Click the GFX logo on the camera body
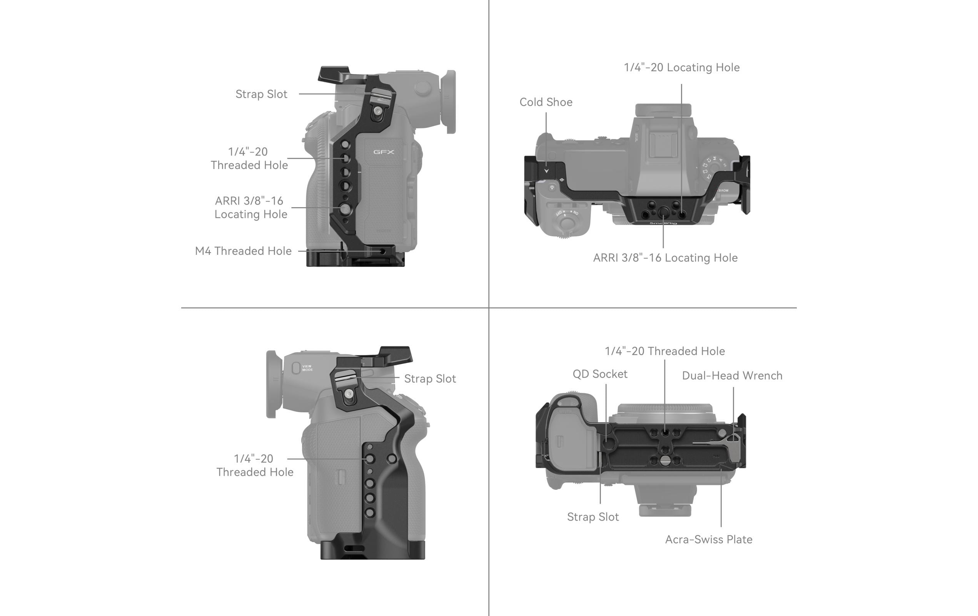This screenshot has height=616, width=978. pyautogui.click(x=384, y=152)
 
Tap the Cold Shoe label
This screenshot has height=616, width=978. pyautogui.click(x=546, y=102)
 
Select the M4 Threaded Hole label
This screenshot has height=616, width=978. pyautogui.click(x=243, y=251)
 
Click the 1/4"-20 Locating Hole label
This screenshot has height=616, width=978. pyautogui.click(x=681, y=67)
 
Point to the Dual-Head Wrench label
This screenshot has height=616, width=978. pyautogui.click(x=731, y=375)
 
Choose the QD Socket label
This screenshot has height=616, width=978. pyautogui.click(x=599, y=374)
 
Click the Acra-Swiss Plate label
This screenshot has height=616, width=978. pyautogui.click(x=708, y=539)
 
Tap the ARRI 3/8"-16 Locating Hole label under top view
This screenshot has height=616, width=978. pyautogui.click(x=665, y=258)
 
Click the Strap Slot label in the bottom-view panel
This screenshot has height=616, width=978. pyautogui.click(x=592, y=516)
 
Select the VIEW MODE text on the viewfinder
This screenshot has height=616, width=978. pyautogui.click(x=307, y=368)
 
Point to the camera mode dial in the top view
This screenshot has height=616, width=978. pyautogui.click(x=713, y=167)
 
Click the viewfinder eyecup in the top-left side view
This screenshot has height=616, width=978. pyautogui.click(x=451, y=102)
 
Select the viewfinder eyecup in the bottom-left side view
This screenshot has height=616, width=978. pyautogui.click(x=271, y=384)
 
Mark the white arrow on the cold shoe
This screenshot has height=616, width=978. pyautogui.click(x=546, y=171)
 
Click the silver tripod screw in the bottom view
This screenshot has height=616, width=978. pyautogui.click(x=665, y=460)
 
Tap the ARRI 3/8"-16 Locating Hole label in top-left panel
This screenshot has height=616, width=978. pyautogui.click(x=250, y=207)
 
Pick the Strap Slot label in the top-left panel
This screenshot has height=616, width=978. pyautogui.click(x=261, y=94)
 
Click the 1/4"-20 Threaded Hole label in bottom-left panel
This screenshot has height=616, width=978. pyautogui.click(x=254, y=465)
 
